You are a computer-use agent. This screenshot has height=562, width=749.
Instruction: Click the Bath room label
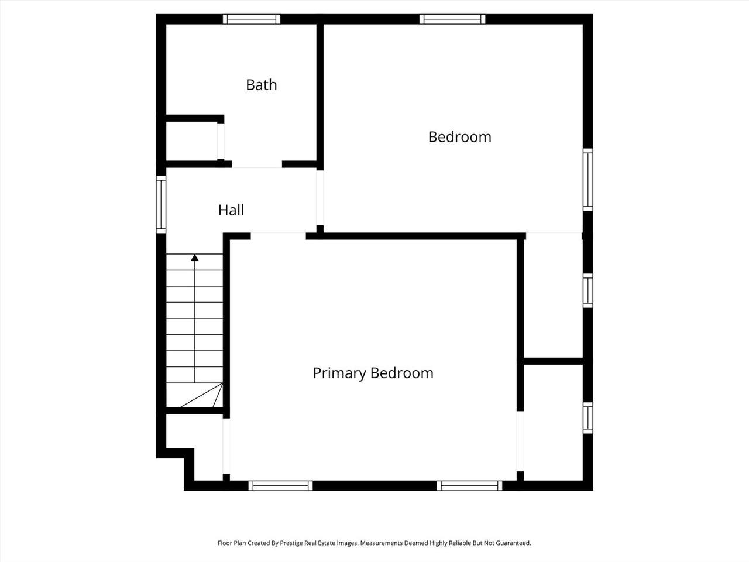click(x=261, y=85)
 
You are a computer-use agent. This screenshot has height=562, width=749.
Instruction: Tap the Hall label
click(x=231, y=210)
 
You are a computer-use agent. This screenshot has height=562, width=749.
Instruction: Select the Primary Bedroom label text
click(x=373, y=373)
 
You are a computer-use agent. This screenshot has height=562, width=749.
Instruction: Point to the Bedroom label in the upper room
click(x=459, y=137)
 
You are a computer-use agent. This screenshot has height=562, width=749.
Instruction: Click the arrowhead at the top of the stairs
click(x=194, y=258)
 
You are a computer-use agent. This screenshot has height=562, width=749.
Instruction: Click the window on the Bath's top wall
click(x=252, y=19)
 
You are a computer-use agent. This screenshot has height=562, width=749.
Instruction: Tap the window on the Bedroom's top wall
click(x=452, y=19)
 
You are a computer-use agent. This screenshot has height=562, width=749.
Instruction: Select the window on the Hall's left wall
click(x=161, y=204)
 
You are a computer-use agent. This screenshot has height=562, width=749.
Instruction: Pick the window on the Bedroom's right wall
click(x=587, y=180)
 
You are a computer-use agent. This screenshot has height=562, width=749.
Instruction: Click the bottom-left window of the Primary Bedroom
click(x=280, y=485)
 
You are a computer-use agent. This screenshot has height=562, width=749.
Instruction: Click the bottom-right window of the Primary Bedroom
click(x=469, y=485)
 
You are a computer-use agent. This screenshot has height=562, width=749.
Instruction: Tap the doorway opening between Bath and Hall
click(x=257, y=165)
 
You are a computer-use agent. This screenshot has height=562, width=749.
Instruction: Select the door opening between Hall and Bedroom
click(x=319, y=197)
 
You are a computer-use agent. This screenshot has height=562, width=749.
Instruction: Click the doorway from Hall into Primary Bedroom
click(x=278, y=236)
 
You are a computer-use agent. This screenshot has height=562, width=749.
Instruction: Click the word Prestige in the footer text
click(x=290, y=543)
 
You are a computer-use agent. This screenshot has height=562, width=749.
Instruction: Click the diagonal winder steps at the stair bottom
click(x=201, y=395)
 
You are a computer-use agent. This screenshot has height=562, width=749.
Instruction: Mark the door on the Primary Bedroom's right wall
click(x=520, y=441)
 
